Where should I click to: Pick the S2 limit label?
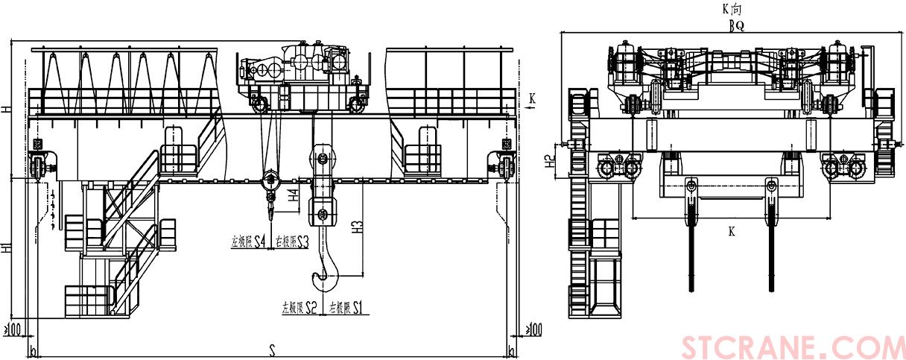tap(310, 306)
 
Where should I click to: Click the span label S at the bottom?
tap(272, 349)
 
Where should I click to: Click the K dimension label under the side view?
tap(732, 232)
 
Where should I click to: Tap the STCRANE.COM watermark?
tap(793, 347)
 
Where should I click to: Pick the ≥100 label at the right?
tap(533, 328)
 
